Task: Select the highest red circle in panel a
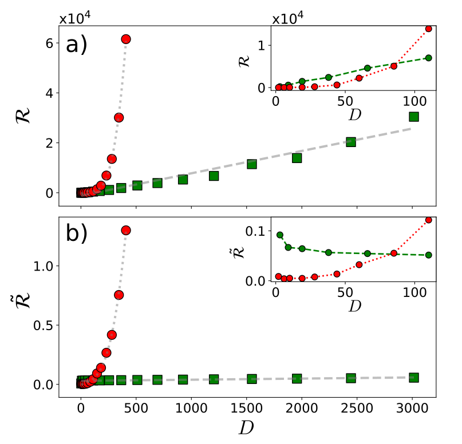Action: click(126, 39)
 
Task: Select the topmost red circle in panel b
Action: click(126, 230)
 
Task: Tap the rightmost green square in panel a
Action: click(414, 117)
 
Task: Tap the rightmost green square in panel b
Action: click(414, 377)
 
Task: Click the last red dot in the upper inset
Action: click(428, 29)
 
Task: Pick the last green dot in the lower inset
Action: click(428, 255)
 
